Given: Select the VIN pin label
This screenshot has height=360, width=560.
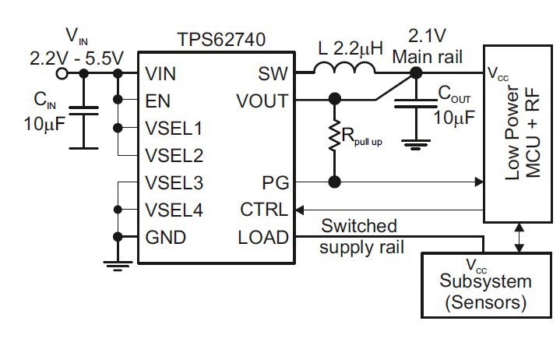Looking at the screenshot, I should pyautogui.click(x=160, y=74).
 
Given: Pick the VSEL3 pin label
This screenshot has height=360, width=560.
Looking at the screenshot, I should pyautogui.click(x=174, y=183).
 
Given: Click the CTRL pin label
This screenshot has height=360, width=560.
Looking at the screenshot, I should pyautogui.click(x=265, y=210).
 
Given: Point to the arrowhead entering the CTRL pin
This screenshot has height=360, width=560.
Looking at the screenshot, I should pyautogui.click(x=300, y=210).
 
